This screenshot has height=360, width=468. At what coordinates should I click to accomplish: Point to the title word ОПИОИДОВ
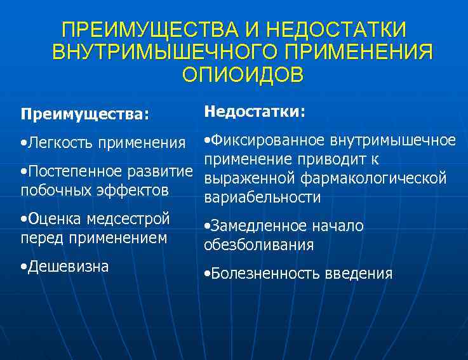pos(243,74)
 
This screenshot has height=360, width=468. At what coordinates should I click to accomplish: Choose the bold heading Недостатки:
pos(255,112)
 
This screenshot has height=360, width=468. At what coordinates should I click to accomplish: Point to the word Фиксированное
pos(264,140)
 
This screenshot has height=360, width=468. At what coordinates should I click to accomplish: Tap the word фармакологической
pos(375,178)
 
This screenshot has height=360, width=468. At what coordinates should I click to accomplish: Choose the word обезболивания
pos(259,244)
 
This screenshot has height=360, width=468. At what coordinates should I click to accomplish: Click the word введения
pos(359,274)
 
